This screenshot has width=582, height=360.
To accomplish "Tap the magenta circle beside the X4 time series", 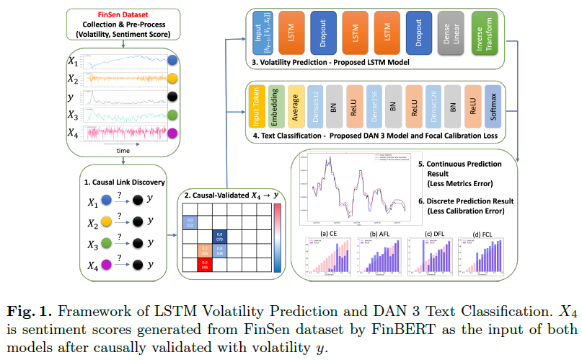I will [x=172, y=133].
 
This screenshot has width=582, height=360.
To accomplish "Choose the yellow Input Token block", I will [x=253, y=107].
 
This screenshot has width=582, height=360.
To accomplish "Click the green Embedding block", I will [x=273, y=107].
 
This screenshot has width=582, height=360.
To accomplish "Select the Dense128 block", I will [x=433, y=107].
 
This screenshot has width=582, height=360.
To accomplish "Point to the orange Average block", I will [x=294, y=107].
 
